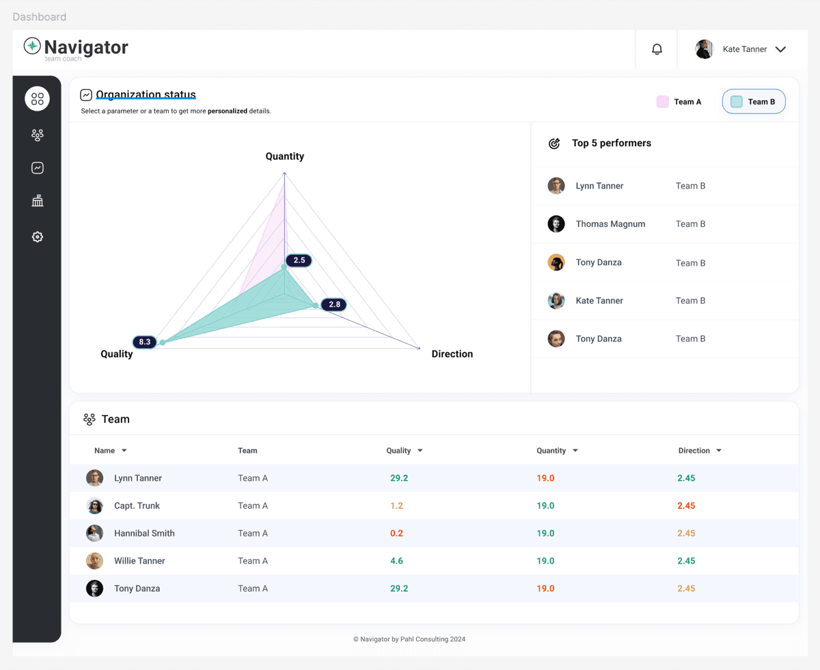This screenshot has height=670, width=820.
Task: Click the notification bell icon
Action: (x=657, y=49)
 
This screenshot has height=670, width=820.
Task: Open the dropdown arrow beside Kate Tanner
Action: (x=780, y=49)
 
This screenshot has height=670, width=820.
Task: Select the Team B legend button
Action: (x=754, y=102)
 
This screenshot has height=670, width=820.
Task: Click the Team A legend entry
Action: (x=679, y=102)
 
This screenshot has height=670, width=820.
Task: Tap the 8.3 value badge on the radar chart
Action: (x=145, y=341)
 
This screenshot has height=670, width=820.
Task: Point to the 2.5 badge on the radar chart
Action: (x=299, y=260)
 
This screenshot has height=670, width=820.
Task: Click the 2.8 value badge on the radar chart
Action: (x=334, y=305)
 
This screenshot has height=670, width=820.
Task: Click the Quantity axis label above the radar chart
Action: (x=285, y=156)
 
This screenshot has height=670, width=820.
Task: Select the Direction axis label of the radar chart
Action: (x=452, y=354)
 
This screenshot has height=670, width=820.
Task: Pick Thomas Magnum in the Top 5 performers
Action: (x=610, y=224)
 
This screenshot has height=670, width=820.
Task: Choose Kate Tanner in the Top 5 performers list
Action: (x=599, y=301)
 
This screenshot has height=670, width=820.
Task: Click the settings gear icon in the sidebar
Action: (x=38, y=237)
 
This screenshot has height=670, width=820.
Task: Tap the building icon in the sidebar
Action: (x=38, y=201)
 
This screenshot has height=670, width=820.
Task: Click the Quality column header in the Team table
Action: (x=398, y=451)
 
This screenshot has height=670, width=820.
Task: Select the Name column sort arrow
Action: (x=124, y=451)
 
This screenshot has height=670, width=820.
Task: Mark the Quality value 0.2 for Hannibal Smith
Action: (x=396, y=533)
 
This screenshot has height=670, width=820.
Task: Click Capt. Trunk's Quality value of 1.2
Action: (x=396, y=506)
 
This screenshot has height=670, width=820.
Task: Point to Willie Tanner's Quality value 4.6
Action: (x=396, y=561)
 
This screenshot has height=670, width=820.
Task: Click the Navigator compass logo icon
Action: (x=32, y=46)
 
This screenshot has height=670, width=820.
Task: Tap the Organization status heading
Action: (x=146, y=95)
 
